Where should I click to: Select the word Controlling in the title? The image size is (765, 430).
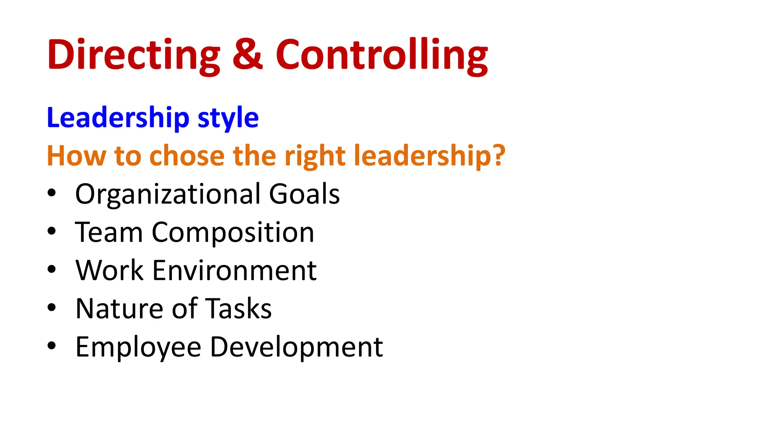(x=382, y=55)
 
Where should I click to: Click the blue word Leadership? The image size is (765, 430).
(x=118, y=118)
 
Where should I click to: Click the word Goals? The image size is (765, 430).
(x=304, y=194)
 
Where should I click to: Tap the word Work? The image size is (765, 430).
(x=109, y=270)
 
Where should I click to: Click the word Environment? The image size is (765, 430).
(x=235, y=270)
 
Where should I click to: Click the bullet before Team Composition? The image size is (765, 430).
(x=52, y=231)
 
